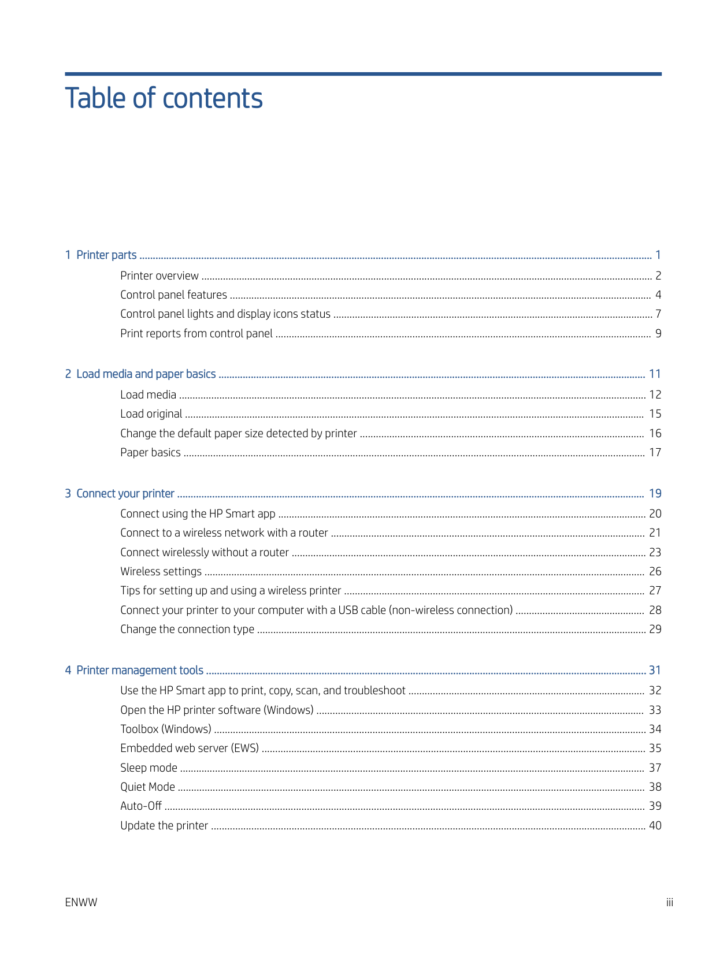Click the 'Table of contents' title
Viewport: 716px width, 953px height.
click(164, 98)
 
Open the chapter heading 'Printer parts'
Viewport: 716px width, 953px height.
click(106, 255)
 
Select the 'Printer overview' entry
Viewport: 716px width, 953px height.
click(159, 276)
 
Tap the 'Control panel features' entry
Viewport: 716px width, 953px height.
click(173, 295)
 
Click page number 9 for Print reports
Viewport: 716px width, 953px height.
click(658, 333)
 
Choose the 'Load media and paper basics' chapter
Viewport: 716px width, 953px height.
click(146, 374)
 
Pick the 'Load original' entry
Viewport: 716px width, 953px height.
click(151, 414)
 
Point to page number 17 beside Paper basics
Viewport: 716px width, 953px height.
click(655, 453)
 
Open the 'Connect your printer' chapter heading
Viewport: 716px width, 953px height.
click(125, 494)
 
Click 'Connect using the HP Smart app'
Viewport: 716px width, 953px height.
click(198, 514)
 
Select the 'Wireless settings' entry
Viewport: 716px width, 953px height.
click(161, 572)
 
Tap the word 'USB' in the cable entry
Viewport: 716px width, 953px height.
click(348, 610)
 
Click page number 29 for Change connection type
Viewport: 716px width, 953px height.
click(655, 630)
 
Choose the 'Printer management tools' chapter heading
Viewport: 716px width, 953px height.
click(139, 671)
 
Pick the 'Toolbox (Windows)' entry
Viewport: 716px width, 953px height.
click(165, 729)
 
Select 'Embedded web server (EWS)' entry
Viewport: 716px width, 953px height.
click(190, 749)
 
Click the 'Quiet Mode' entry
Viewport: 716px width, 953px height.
click(147, 787)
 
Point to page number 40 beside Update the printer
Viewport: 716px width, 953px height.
click(655, 826)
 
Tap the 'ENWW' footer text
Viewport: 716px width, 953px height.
click(81, 903)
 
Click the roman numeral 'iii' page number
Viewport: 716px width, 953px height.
click(669, 903)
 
